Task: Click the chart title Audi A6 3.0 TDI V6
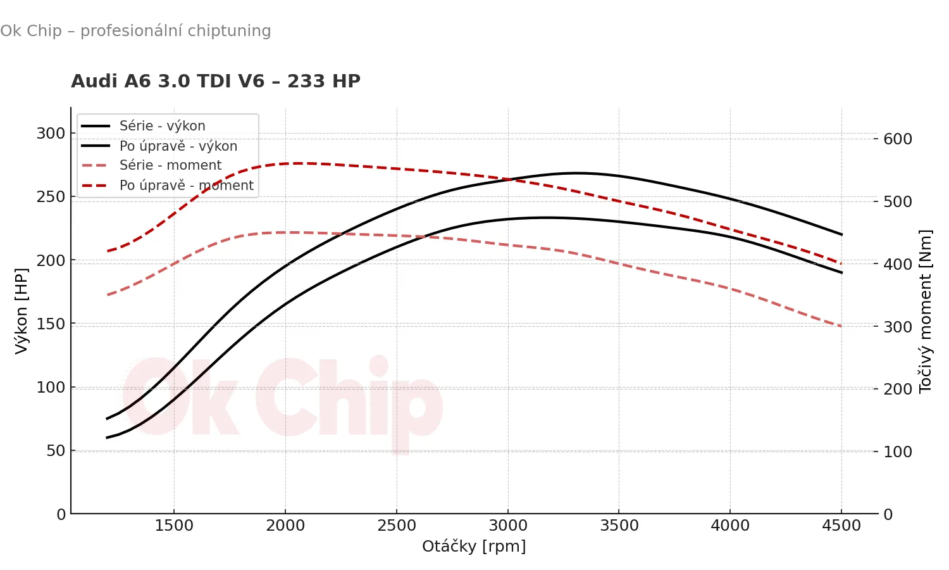[215, 81]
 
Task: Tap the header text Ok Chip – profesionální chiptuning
[135, 30]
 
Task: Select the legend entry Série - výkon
[162, 125]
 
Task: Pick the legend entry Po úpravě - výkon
[178, 146]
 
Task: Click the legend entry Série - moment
[170, 165]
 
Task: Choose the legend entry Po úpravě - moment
[186, 186]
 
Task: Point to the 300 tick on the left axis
[51, 134]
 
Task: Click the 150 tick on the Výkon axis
[51, 324]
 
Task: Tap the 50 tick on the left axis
[55, 451]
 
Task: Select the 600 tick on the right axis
[898, 139]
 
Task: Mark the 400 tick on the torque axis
[898, 264]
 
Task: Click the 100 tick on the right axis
[898, 452]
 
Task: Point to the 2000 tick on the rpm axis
[285, 526]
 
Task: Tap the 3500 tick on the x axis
[619, 526]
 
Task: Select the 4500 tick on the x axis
[841, 526]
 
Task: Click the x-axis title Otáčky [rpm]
[474, 546]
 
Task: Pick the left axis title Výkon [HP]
[22, 310]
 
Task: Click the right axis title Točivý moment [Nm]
[926, 310]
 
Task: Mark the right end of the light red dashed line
[841, 326]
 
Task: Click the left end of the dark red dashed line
[108, 251]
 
